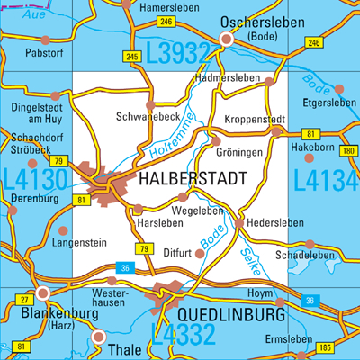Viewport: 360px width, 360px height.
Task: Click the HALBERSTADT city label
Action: point(193,180)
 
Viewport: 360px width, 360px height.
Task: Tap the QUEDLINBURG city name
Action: point(231,315)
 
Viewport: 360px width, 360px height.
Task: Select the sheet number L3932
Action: point(176,56)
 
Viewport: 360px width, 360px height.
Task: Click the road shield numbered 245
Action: point(132,57)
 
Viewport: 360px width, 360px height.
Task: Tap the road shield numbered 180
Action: point(349,150)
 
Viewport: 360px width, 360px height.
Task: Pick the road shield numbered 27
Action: point(24,298)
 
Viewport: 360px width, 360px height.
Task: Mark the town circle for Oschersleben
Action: point(227,40)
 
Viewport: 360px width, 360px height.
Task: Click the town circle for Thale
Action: point(98,337)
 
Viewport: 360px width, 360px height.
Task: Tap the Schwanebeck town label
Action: point(147,117)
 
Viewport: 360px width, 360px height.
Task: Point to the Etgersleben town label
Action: point(330,103)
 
